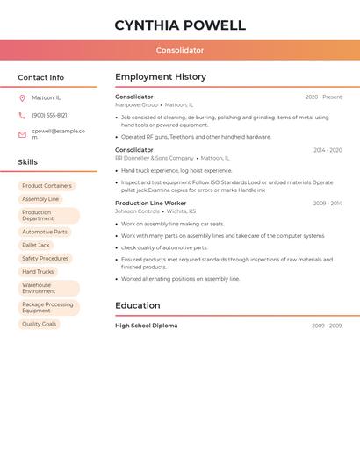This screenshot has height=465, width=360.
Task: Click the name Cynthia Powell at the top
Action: point(180,25)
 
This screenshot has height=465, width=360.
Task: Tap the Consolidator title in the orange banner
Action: point(180,51)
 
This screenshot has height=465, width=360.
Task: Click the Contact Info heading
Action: point(40,78)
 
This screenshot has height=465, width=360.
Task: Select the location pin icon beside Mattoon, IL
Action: point(22,98)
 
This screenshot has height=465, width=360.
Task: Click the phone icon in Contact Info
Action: point(22,115)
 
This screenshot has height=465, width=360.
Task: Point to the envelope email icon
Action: point(22,134)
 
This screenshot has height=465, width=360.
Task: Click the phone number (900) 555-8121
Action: point(49,115)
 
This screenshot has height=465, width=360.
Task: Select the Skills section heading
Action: point(27,162)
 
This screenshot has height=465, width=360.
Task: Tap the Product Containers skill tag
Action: point(47,186)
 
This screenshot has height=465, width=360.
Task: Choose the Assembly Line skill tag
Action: point(40,199)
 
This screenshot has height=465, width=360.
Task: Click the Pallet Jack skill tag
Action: point(36,246)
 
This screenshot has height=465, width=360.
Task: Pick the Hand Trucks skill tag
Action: point(38,272)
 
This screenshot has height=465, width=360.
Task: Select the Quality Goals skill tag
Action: point(39,324)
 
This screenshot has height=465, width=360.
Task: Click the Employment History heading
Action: point(161,77)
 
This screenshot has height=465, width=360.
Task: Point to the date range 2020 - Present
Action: point(323,97)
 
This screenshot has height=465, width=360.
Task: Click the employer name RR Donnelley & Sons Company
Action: point(154,159)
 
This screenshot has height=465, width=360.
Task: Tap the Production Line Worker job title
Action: point(150,204)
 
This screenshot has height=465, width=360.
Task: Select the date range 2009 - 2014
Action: point(327,204)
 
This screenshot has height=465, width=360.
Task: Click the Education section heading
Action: point(138,306)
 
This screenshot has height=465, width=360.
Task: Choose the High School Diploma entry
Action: point(146,325)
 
